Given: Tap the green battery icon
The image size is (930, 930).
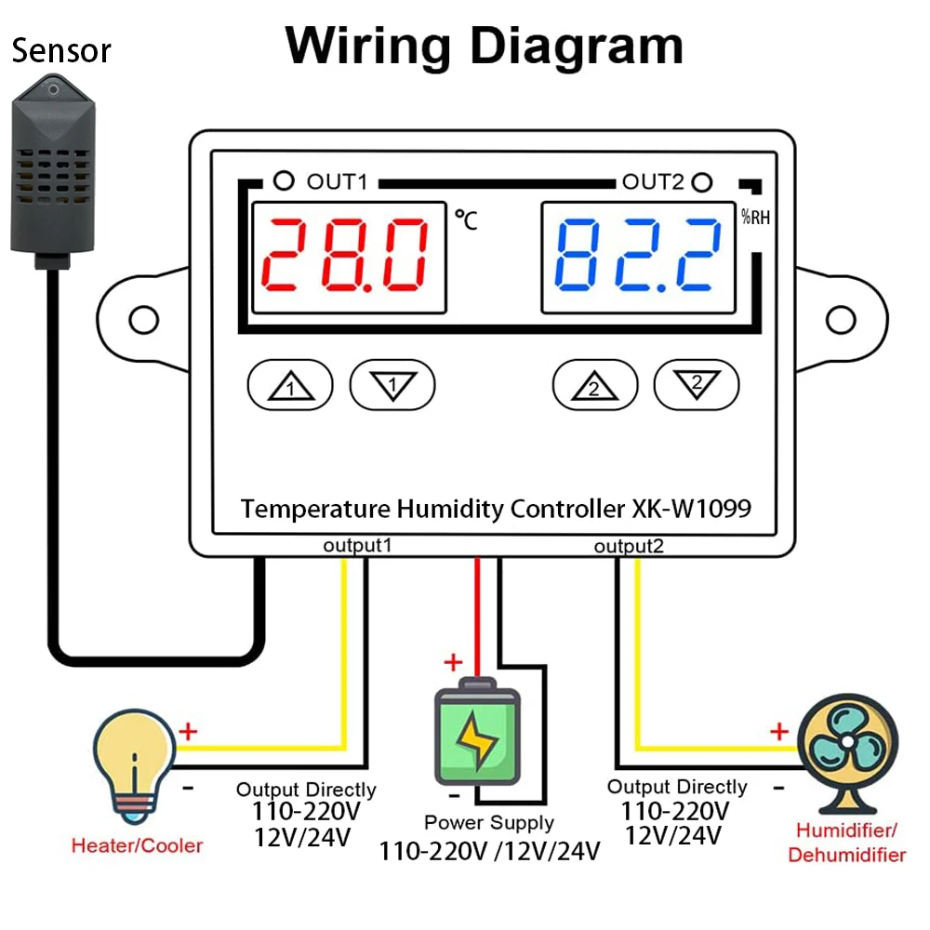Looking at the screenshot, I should point(478,735).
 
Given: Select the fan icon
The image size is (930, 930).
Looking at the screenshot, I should point(847,744).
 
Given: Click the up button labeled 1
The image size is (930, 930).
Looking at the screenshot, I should point(289,384).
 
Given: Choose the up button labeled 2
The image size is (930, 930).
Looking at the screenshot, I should point(595,384).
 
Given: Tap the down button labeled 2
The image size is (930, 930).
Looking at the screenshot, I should point(697,384).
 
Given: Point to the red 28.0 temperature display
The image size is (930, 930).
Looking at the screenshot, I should point(350,256).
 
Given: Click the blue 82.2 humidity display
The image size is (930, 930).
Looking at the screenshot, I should point(638,256).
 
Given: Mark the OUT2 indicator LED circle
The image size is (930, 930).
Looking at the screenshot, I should point(703,181).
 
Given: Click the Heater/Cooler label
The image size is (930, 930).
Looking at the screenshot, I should point(137,845).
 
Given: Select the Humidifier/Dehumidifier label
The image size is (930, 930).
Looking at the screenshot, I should point(846,842).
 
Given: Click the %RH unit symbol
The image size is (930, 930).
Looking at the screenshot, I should point(754,219).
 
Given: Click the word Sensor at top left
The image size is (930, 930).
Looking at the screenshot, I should point(61,50).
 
